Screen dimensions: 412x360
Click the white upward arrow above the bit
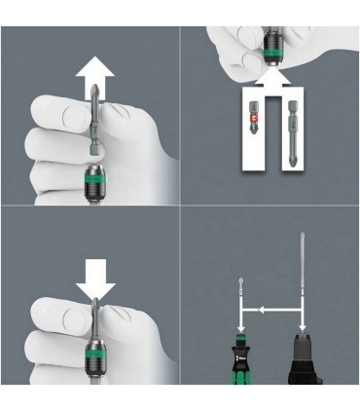click(x=94, y=71)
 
